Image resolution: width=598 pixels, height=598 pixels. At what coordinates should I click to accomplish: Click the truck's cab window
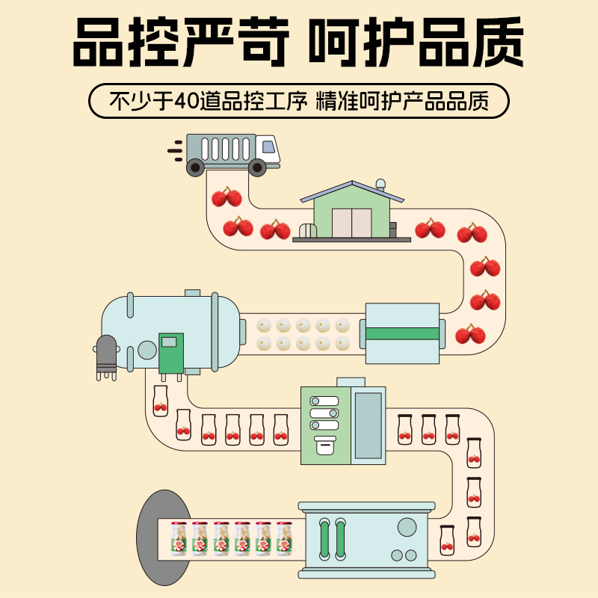pos(268,147)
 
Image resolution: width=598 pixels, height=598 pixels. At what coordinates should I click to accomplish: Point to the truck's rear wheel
pos(195,167)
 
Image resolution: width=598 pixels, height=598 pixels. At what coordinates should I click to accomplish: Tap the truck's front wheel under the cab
pos(258,167)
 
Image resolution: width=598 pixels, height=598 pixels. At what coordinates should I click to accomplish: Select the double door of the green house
pos(351,223)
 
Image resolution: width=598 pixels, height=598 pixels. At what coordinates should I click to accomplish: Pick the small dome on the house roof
pos(381,183)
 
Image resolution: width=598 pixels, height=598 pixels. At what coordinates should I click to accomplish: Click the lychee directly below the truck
pos(226,197)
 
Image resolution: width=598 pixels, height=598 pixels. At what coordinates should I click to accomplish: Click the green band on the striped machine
pos(401,333)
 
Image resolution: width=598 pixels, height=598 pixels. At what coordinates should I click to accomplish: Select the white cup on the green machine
pos(325,446)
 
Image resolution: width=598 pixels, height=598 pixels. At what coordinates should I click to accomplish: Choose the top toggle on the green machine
pos(324,401)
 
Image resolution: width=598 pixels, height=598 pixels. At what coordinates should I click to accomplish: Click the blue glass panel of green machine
pos(368,424)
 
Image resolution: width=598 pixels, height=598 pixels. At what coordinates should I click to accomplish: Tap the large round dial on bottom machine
pos(407,527)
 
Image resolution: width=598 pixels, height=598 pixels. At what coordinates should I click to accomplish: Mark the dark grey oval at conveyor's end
pos(153,537)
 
